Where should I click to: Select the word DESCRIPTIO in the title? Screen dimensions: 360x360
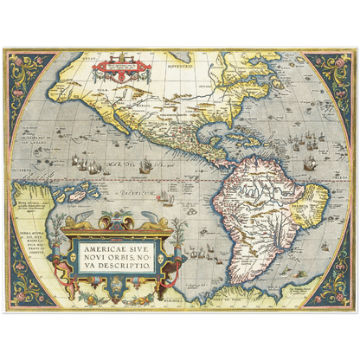point(131,267)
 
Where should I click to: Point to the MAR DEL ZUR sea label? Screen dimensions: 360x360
point(130,161)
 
